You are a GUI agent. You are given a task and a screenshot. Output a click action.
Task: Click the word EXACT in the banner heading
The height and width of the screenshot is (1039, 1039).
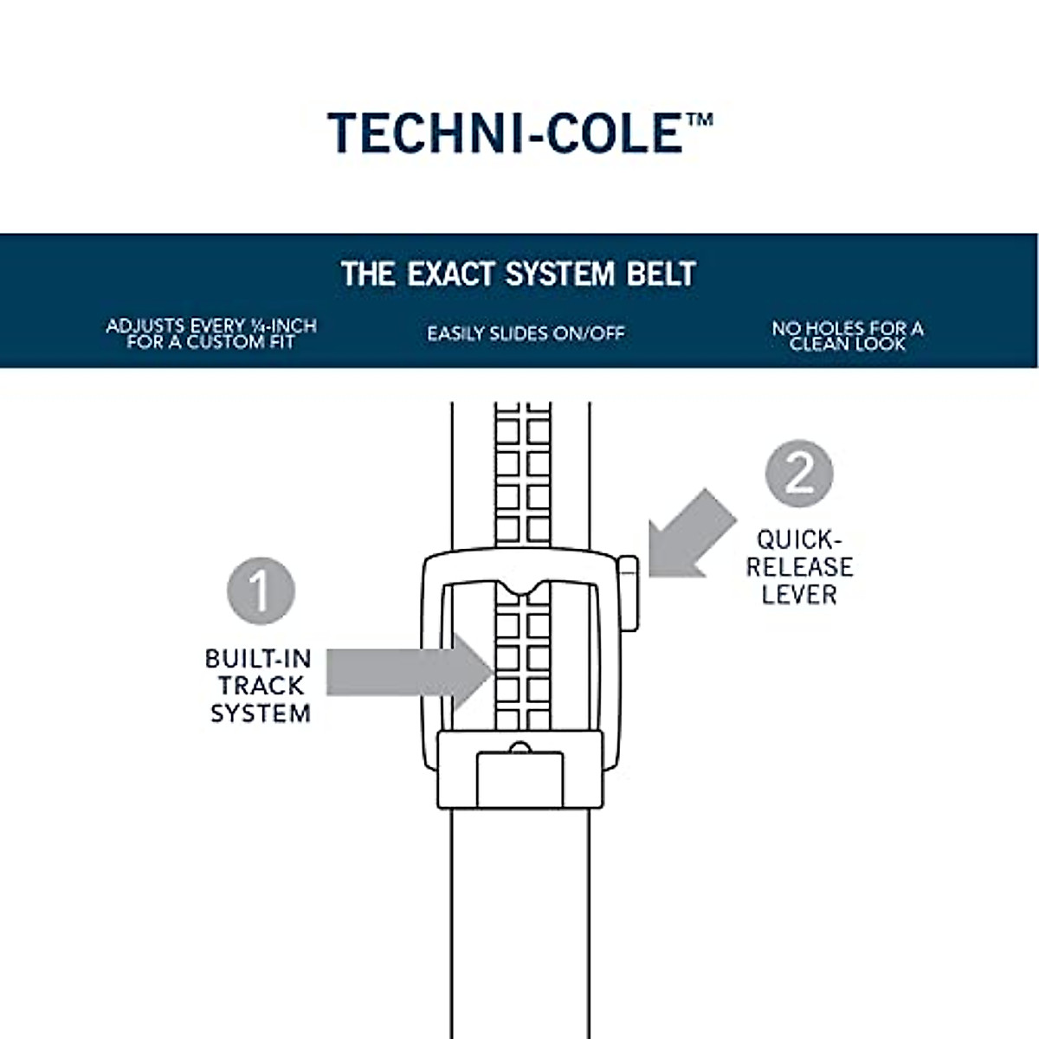coord(453,274)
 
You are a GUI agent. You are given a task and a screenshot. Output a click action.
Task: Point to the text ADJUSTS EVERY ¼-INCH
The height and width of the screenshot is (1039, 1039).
coord(211,326)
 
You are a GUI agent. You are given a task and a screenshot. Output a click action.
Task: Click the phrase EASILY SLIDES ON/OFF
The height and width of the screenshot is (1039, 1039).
coord(526,333)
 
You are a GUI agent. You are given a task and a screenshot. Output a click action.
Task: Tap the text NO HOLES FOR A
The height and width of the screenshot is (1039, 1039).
coord(848,328)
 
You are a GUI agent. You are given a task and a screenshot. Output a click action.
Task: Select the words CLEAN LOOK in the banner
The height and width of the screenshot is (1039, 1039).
coord(848,344)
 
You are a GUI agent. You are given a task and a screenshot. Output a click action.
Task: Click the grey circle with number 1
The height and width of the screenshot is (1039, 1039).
coord(261,591)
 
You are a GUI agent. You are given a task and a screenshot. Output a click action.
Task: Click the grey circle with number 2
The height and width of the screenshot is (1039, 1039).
coord(798,474)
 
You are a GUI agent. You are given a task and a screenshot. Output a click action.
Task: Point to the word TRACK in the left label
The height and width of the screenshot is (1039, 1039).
coord(261,686)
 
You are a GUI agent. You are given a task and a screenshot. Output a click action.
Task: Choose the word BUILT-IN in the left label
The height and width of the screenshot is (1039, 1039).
coord(258,659)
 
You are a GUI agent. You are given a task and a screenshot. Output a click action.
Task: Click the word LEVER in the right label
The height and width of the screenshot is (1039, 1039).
coord(799,595)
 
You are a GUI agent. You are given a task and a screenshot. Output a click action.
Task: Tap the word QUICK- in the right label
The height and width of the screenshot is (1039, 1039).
coord(799,540)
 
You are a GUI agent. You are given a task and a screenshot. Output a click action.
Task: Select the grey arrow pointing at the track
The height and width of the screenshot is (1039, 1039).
coord(407,672)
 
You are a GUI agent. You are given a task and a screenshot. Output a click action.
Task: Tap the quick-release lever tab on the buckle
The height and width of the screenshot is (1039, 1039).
coord(629,593)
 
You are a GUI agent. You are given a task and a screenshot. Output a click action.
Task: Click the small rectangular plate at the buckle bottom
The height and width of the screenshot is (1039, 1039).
coord(519,778)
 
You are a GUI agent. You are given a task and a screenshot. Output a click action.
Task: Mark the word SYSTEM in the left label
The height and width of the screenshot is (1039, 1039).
coord(261,713)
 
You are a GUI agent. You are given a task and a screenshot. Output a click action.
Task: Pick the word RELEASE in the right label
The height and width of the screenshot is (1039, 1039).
coord(799,567)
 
